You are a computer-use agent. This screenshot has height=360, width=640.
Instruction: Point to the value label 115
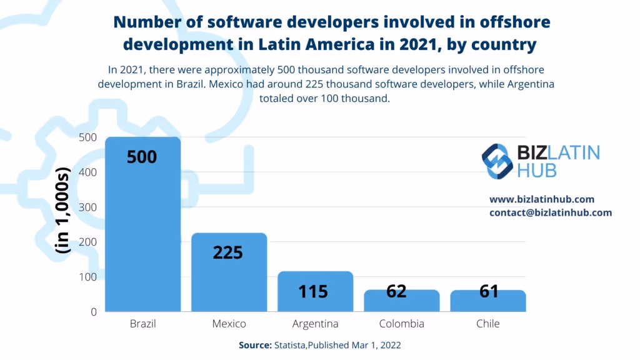(x=313, y=291)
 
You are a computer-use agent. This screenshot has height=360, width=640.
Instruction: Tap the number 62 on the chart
(x=396, y=291)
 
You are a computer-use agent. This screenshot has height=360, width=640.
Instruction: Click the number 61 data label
(x=488, y=291)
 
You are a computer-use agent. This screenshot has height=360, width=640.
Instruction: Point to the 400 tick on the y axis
(x=87, y=172)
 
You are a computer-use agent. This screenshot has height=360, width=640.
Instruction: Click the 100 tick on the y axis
(x=87, y=277)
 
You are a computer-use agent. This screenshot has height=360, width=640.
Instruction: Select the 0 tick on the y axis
(x=93, y=311)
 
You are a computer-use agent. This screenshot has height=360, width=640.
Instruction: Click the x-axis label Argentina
(x=315, y=324)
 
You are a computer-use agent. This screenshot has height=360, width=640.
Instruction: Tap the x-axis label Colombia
(x=401, y=324)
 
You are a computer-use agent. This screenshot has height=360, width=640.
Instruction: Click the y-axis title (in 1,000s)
(x=63, y=210)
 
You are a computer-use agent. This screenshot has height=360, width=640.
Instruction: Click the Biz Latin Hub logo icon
(x=497, y=161)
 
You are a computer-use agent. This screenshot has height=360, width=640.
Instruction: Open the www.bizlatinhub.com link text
(x=542, y=199)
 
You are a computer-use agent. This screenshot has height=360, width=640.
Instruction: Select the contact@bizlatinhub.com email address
(x=551, y=212)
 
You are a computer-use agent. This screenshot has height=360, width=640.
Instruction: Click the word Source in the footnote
(x=254, y=345)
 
